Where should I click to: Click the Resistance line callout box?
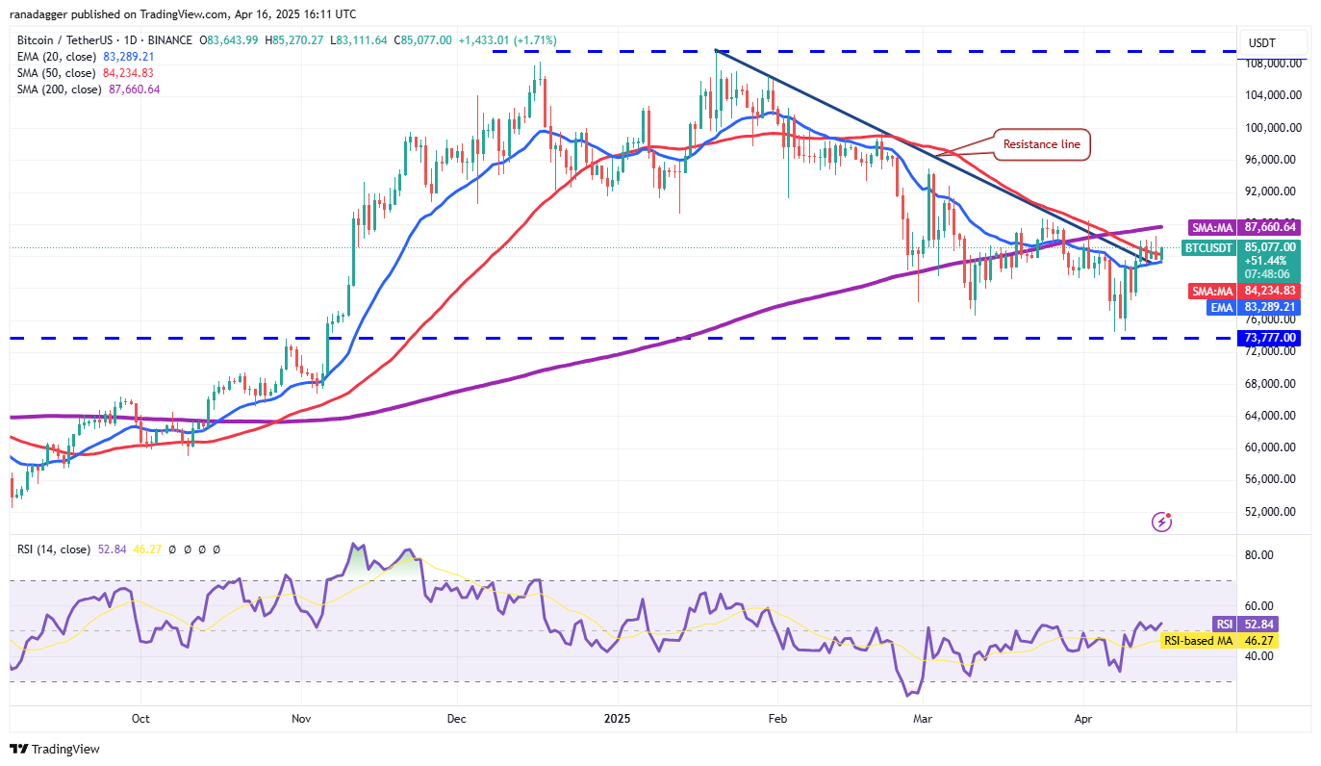tap(1042, 144)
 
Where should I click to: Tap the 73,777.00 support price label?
tap(1270, 338)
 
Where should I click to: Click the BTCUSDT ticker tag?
tap(1207, 247)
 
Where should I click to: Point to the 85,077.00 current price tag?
tap(1270, 246)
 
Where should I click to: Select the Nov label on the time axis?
tap(301, 718)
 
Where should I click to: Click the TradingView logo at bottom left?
tap(55, 749)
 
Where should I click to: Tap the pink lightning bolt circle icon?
tap(1162, 522)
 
